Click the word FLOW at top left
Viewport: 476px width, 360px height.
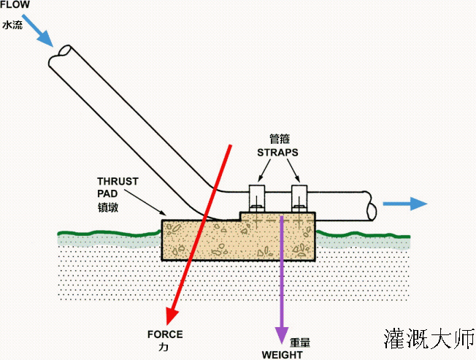tap(15, 5)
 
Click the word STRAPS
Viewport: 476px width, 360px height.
tap(277, 153)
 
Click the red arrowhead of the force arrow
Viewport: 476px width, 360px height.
tap(173, 314)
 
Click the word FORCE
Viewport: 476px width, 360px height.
tap(165, 335)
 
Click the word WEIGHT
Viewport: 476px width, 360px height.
tap(282, 354)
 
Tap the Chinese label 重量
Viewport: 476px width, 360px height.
tap(300, 342)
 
